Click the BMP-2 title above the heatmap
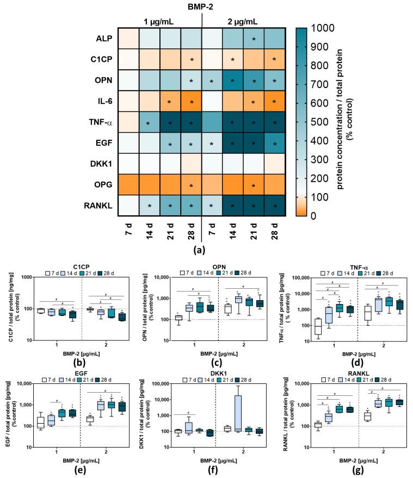point(202,7)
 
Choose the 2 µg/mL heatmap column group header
point(244,21)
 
